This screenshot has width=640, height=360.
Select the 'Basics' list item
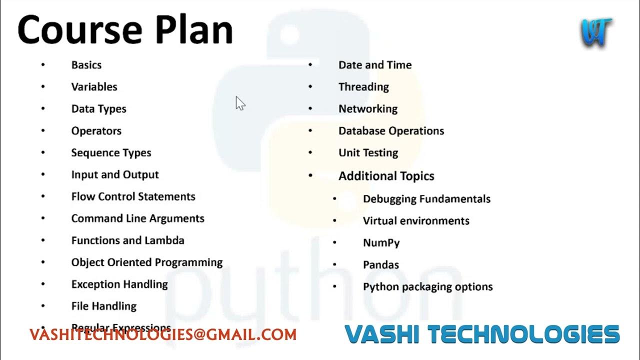[86, 65]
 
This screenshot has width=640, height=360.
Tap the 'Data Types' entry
[98, 109]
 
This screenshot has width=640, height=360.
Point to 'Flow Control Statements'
[133, 196]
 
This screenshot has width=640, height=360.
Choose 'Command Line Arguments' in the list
[137, 218]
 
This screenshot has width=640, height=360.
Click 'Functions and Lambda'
[127, 240]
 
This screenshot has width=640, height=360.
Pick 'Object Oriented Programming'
[147, 262]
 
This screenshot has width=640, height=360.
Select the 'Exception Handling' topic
[119, 284]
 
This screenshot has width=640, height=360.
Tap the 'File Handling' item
[104, 306]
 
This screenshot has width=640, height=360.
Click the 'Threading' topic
[363, 87]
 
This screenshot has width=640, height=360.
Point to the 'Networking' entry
[368, 109]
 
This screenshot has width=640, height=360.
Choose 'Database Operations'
[391, 131]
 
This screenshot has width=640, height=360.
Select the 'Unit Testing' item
[368, 153]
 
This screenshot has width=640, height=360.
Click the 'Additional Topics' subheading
[386, 176]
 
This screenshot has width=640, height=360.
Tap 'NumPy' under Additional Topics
[381, 243]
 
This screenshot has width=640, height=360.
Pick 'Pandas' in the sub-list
[380, 265]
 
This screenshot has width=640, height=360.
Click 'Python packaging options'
[427, 287]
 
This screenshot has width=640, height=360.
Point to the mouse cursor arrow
[240, 103]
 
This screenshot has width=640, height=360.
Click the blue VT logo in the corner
[596, 33]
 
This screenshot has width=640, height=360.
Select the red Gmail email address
[163, 335]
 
